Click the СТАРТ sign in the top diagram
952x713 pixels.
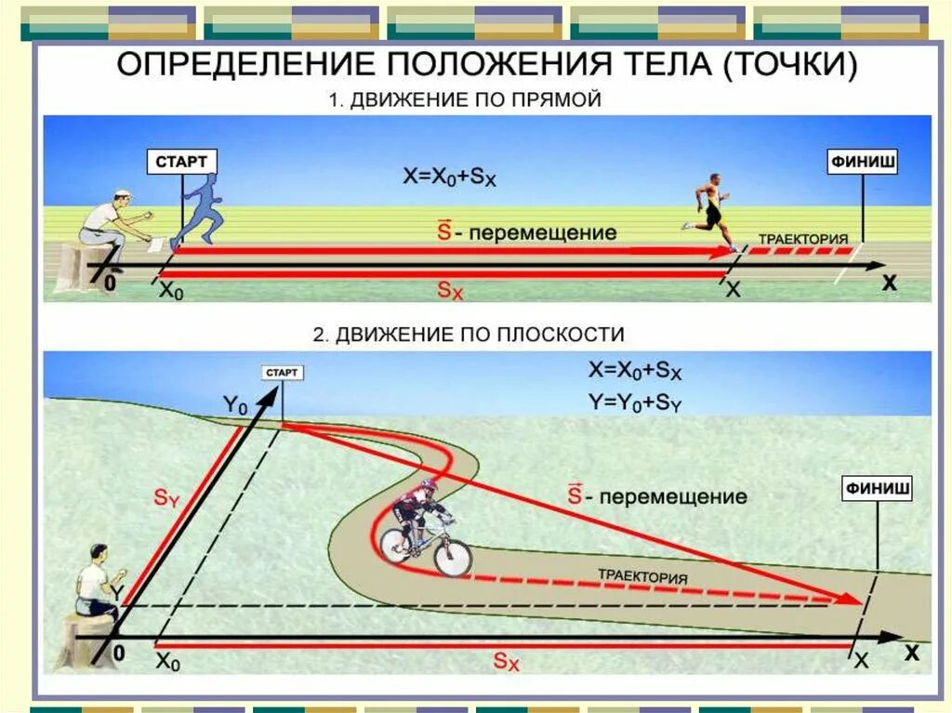[x=181, y=162]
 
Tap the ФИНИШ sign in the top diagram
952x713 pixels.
[x=863, y=162]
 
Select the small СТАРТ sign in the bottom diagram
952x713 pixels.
[x=283, y=373]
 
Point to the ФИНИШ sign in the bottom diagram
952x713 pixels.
[x=877, y=487]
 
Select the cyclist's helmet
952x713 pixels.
[x=427, y=486]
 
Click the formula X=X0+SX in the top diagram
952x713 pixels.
[x=450, y=177]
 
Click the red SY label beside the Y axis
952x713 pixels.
[x=166, y=499]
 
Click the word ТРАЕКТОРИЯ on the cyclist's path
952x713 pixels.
[x=642, y=576]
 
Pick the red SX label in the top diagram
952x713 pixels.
[x=450, y=289]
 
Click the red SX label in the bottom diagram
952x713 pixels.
[x=507, y=662]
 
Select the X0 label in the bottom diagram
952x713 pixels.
[x=167, y=662]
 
